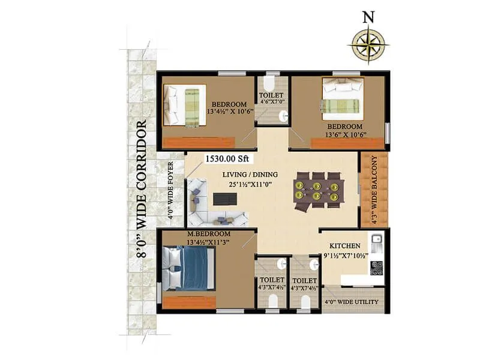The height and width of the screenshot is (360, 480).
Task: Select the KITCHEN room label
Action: tap(344, 245)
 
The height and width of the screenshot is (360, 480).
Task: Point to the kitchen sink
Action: tap(377, 243)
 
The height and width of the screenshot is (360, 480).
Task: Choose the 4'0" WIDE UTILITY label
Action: tap(351, 302)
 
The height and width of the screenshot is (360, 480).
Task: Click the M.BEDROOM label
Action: tap(208, 233)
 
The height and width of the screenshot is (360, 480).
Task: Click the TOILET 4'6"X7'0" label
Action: tap(272, 99)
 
